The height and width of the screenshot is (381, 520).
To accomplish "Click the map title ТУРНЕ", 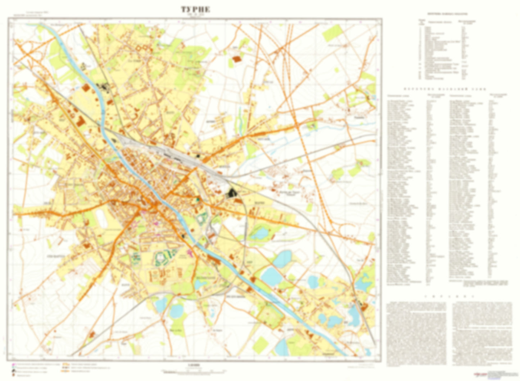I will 195,10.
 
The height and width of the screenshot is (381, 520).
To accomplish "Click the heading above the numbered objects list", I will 447,14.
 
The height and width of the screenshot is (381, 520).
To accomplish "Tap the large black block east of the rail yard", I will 232,193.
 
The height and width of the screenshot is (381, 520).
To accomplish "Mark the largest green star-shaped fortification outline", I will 164,258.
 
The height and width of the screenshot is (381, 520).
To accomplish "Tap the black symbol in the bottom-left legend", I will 14,370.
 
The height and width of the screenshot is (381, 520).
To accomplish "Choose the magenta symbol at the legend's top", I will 14,364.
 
